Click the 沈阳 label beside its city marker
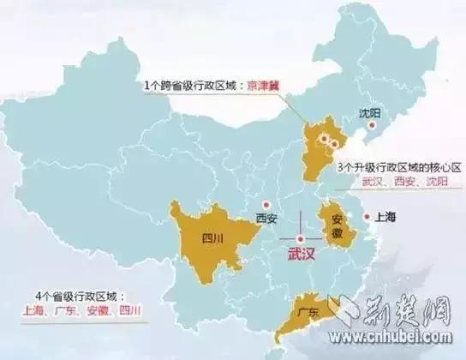tap(371, 112)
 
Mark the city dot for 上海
tap(367, 217)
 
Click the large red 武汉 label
tap(301, 254)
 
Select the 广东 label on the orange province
tap(305, 314)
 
